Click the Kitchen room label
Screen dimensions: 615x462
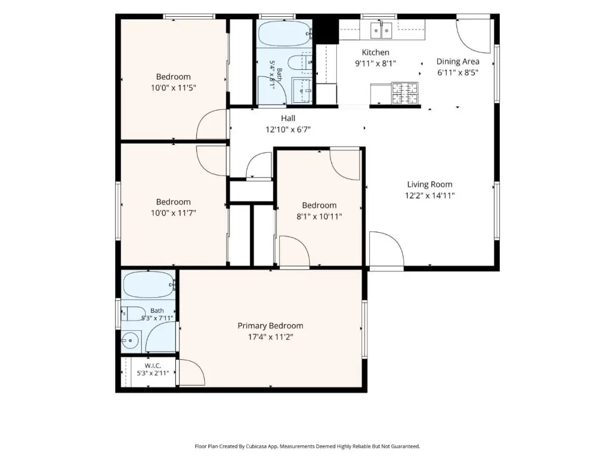click(375, 52)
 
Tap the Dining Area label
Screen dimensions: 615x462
click(458, 61)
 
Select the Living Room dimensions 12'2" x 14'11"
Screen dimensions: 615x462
click(429, 196)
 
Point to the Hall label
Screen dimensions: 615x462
click(288, 119)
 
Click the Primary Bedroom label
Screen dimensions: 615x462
click(270, 325)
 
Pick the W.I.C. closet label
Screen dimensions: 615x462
click(153, 366)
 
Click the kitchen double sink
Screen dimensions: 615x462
click(381, 30)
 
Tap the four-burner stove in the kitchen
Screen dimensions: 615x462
click(405, 93)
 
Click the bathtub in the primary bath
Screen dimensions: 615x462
click(149, 285)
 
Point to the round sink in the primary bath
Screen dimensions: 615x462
click(130, 340)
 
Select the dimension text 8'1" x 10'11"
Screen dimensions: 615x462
click(320, 216)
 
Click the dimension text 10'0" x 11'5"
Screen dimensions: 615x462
click(174, 88)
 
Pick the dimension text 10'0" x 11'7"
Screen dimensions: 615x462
click(174, 213)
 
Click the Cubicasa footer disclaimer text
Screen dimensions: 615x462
click(307, 446)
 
